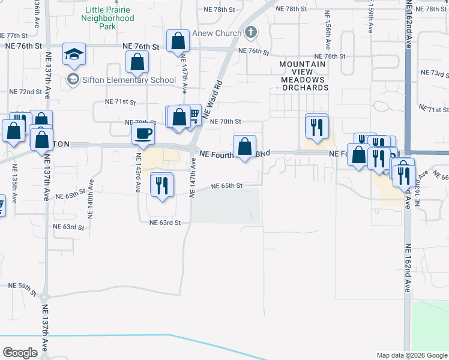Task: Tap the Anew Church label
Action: (x=216, y=33)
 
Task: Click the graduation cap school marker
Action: (x=74, y=55)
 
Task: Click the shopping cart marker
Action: (x=193, y=114)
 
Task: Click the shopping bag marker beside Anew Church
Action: (x=178, y=42)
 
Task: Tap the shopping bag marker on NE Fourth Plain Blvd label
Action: (x=244, y=146)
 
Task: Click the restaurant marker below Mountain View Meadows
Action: (x=317, y=127)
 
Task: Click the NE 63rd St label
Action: (x=165, y=223)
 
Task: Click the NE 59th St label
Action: (x=25, y=287)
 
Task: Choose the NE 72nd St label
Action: (x=26, y=92)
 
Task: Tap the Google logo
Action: (x=20, y=353)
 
